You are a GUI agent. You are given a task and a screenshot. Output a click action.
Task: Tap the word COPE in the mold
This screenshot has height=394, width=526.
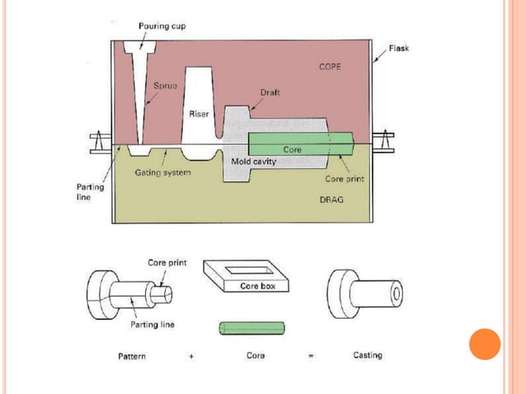[331, 66]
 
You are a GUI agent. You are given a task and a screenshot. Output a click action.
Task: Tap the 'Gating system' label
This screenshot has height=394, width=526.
[165, 172]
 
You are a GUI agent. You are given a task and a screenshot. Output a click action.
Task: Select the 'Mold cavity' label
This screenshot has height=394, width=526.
[253, 162]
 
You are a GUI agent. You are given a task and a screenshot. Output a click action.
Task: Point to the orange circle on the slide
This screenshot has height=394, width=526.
[485, 344]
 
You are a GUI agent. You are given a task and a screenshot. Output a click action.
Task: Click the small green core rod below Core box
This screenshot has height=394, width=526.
[251, 327]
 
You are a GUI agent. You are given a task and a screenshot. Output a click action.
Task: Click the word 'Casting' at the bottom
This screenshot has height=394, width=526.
[367, 356]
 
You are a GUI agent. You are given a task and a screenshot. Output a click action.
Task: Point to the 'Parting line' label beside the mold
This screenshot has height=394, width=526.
[78, 192]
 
